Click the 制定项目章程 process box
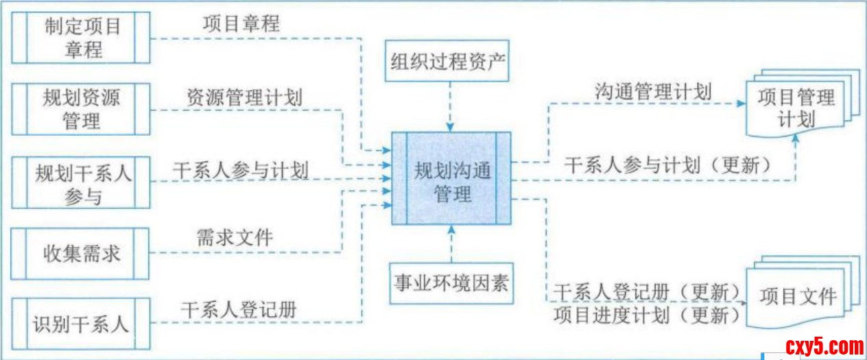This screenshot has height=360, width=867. pyautogui.click(x=82, y=38)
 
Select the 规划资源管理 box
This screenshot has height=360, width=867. pyautogui.click(x=82, y=110)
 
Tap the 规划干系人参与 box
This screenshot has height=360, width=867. pyautogui.click(x=82, y=182)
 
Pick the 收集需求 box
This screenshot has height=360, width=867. pyautogui.click(x=82, y=254)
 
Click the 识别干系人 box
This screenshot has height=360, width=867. pyautogui.click(x=82, y=323)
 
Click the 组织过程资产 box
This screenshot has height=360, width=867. pyautogui.click(x=449, y=64)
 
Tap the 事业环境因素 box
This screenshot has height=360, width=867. pyautogui.click(x=450, y=282)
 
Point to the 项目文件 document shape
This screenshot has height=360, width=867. pyautogui.click(x=798, y=297)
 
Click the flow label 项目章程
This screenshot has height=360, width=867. pyautogui.click(x=241, y=23)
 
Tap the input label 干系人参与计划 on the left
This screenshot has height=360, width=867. pyautogui.click(x=241, y=170)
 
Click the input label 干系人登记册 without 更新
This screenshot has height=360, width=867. pyautogui.click(x=238, y=309)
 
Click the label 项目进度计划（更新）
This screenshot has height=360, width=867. pyautogui.click(x=648, y=316)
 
